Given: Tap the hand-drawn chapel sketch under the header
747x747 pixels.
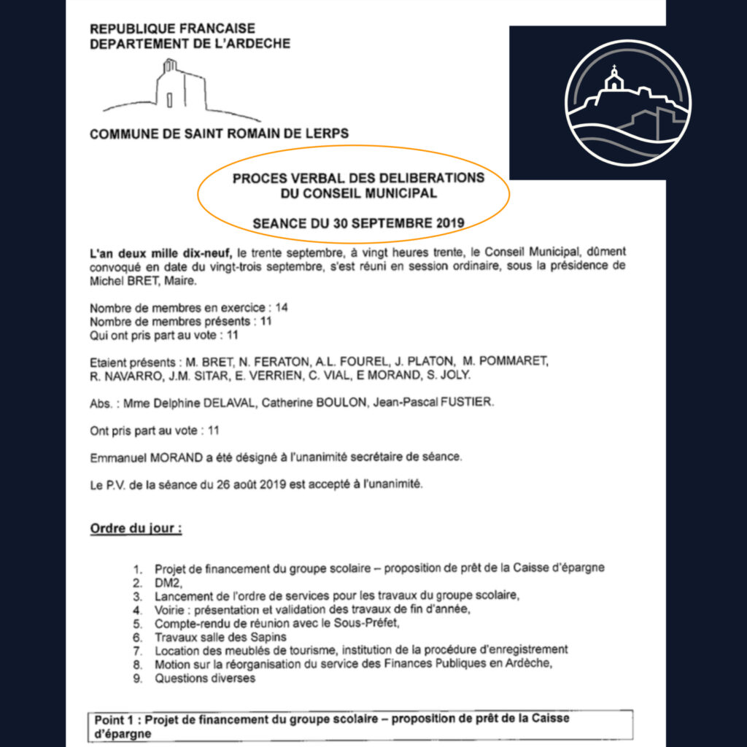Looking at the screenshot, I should pos(179,91).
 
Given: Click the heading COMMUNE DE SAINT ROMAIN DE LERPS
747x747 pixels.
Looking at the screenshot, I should pos(219,134).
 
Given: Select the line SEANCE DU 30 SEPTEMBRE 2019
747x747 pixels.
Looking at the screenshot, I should pos(358,223).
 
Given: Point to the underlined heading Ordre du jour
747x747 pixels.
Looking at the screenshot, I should pos(136,528).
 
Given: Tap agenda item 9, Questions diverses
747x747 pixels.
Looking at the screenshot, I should pos(205,678).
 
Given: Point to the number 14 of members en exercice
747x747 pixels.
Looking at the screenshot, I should pos(282,308).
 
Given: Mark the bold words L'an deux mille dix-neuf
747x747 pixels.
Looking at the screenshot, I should pos(160,252).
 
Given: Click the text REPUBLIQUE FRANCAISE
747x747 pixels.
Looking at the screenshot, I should pos(172,29).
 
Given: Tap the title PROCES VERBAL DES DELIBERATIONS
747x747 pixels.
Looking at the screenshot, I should pos(358,178).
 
